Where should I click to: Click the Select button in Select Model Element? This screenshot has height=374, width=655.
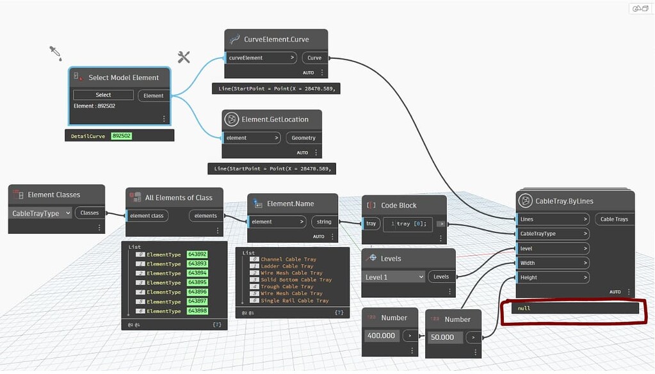[x=103, y=95]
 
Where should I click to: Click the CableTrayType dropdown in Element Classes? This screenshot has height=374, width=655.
[x=42, y=213]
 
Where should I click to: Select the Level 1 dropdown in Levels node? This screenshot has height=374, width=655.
[x=393, y=277]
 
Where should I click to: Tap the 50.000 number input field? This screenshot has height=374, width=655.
[x=442, y=337]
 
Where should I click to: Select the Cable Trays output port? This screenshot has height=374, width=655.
[x=613, y=219]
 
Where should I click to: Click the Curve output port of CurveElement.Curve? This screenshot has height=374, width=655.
[x=314, y=58]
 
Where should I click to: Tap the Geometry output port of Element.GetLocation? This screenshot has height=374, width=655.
[x=303, y=138]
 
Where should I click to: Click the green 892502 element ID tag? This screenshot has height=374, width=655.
[x=122, y=136]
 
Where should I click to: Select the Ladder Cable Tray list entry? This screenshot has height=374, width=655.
[x=287, y=266]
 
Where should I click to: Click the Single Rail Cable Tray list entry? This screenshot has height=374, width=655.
[x=295, y=300]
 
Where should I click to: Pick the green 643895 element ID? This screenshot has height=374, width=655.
[x=197, y=282]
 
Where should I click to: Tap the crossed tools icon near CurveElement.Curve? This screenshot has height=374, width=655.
[x=184, y=57]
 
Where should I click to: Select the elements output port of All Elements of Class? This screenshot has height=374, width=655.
[x=206, y=216]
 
